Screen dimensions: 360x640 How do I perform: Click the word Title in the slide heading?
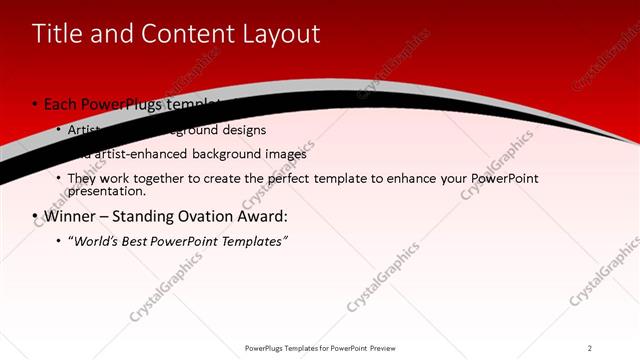coord(59,34)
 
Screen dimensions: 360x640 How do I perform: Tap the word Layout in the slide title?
coord(277,34)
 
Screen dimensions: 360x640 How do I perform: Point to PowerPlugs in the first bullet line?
coord(125,104)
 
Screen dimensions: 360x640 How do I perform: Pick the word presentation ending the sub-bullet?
coord(106,191)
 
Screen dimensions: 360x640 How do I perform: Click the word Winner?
coord(71,216)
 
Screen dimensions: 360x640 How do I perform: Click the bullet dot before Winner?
coord(35,217)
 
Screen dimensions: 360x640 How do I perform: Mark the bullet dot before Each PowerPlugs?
coord(35,105)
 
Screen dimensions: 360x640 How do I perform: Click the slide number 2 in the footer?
coord(589,348)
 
